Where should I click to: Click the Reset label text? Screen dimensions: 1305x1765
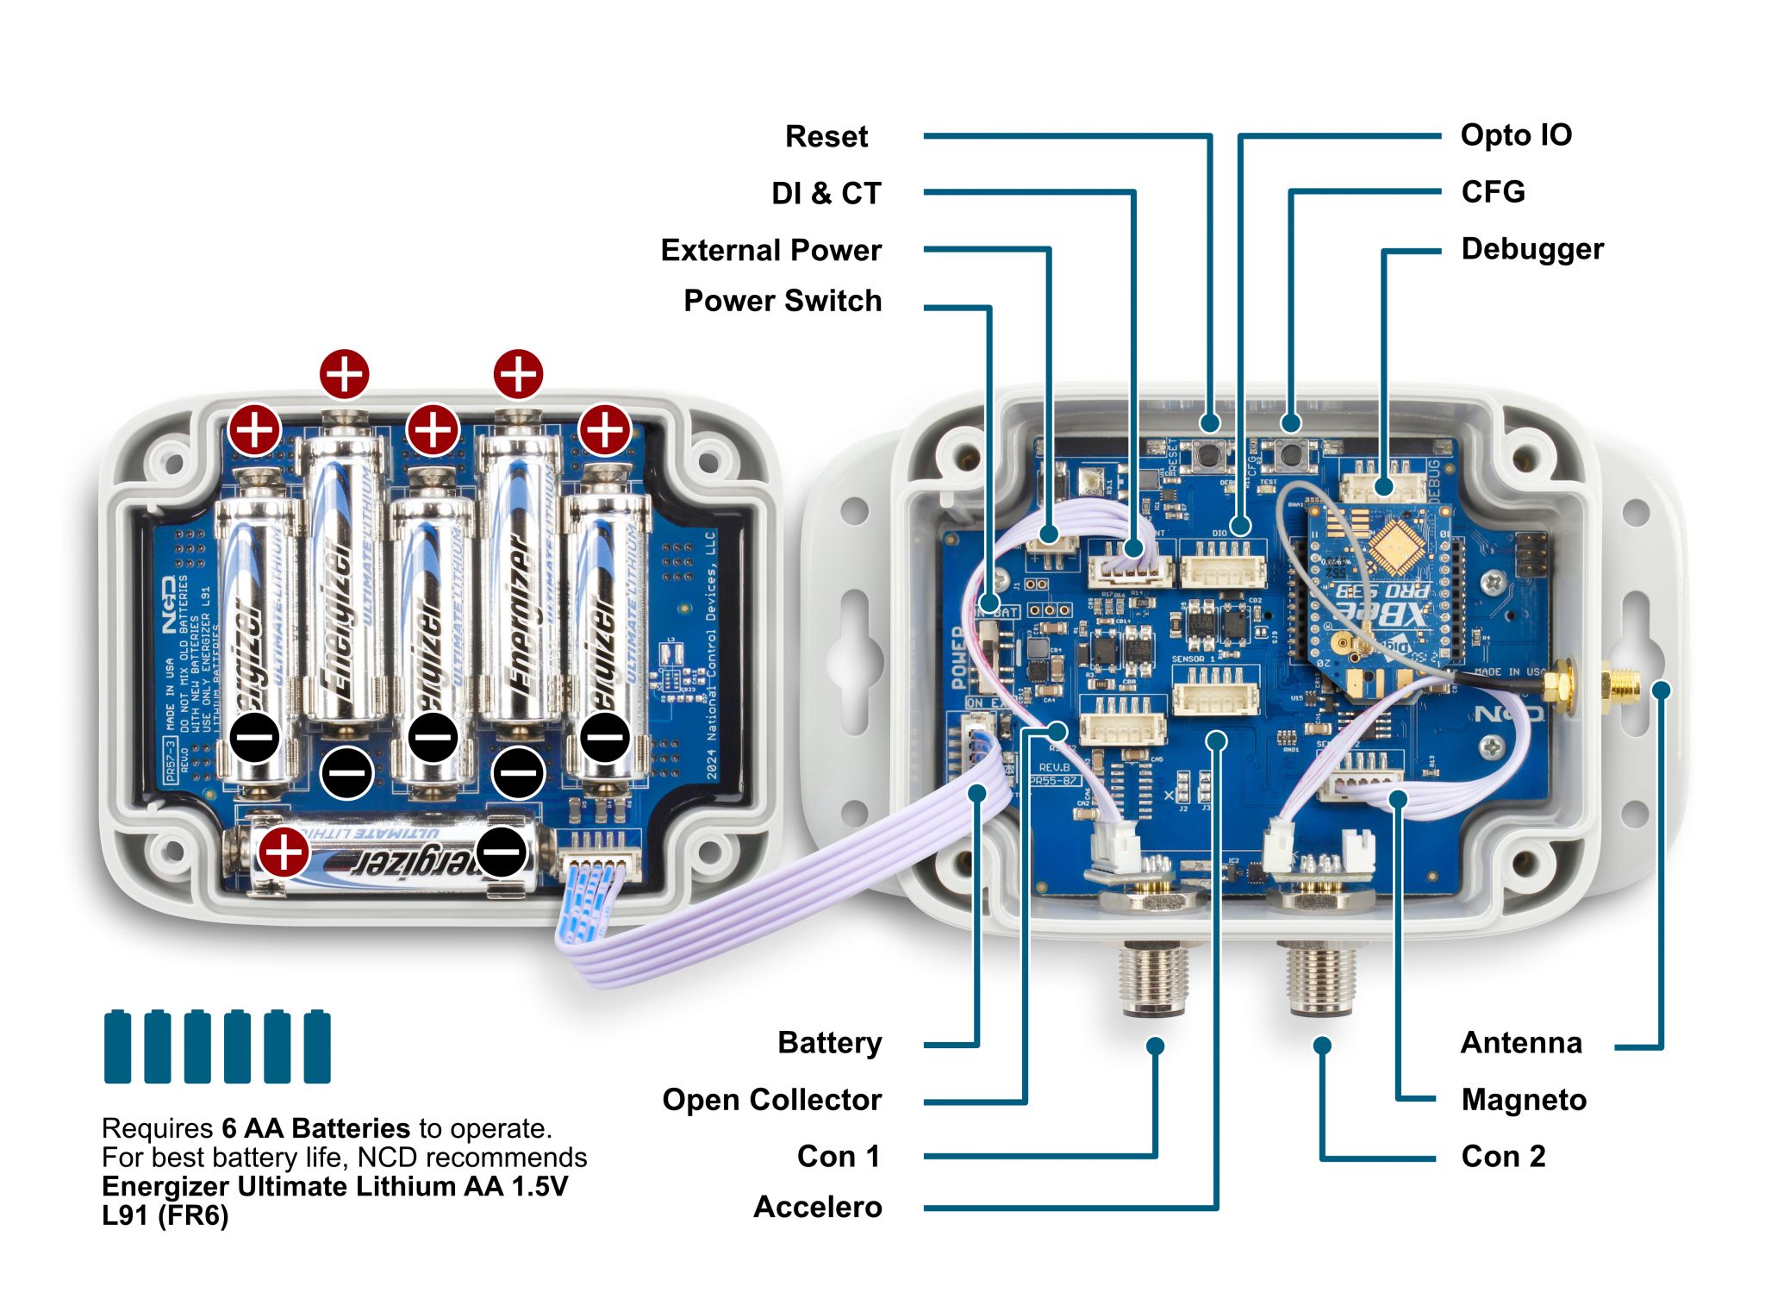826,136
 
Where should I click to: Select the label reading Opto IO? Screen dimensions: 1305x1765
1515,134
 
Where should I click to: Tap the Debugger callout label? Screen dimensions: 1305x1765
1531,248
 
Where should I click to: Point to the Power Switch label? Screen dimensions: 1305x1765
782,301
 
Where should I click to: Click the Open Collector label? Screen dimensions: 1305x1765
771,1099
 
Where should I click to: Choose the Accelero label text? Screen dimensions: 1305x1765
817,1206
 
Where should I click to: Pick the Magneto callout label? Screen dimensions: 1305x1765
1523,1099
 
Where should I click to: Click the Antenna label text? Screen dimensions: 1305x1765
1520,1042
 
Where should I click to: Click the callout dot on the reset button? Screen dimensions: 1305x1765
1210,422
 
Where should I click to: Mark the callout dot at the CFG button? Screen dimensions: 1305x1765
1289,422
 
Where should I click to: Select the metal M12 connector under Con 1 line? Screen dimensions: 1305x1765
1153,974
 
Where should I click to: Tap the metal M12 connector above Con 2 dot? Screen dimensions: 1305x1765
1319,974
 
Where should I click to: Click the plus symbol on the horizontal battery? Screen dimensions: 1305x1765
284,852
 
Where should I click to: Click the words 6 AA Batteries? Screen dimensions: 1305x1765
315,1127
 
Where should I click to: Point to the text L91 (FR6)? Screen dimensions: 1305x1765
165,1215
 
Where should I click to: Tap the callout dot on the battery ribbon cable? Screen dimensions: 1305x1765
976,792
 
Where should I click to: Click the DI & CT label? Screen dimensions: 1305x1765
826,193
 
